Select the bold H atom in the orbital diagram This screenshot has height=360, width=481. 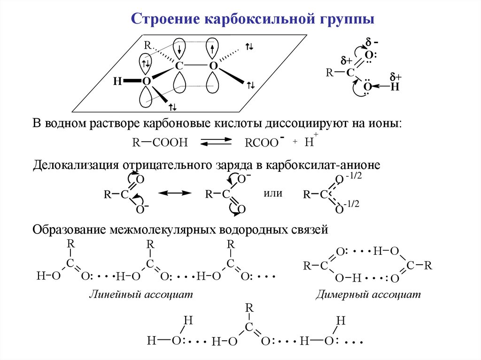(116, 82)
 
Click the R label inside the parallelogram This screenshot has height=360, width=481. (147, 46)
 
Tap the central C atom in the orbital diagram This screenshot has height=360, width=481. (179, 66)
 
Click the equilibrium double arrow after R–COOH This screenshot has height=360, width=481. (217, 142)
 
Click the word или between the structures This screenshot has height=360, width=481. (273, 193)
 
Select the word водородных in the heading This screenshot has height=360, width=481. (260, 230)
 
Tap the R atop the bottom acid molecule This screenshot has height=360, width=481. (250, 308)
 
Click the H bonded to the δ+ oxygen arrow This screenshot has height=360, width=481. (395, 87)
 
